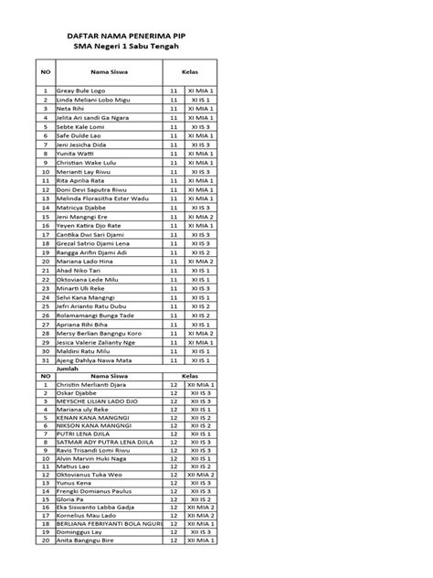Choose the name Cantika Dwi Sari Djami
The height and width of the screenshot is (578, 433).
[x=90, y=234]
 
